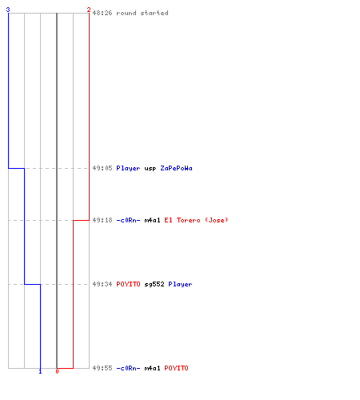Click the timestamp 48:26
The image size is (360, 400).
(x=102, y=13)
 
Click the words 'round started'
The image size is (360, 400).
(x=142, y=13)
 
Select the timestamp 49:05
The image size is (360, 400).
(x=102, y=168)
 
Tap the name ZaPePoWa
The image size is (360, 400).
(x=176, y=168)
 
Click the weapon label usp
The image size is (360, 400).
(x=150, y=169)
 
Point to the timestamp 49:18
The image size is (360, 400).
(x=102, y=220)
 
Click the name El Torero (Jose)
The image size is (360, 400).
(x=196, y=220)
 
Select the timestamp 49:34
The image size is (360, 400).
(x=102, y=284)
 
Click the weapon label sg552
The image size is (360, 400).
(x=154, y=284)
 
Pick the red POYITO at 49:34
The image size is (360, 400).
(x=128, y=284)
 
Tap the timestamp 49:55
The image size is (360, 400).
(x=102, y=368)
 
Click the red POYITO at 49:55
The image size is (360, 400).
(x=176, y=368)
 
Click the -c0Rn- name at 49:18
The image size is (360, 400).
(x=128, y=220)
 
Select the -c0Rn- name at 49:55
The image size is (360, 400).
(x=128, y=368)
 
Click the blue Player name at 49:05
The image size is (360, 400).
(x=128, y=168)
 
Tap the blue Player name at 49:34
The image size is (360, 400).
(x=180, y=284)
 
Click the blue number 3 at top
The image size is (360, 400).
(x=8, y=10)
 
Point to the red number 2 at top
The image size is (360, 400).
(x=89, y=10)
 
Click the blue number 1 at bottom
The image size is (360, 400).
(x=40, y=371)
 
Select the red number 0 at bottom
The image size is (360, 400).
(x=57, y=371)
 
